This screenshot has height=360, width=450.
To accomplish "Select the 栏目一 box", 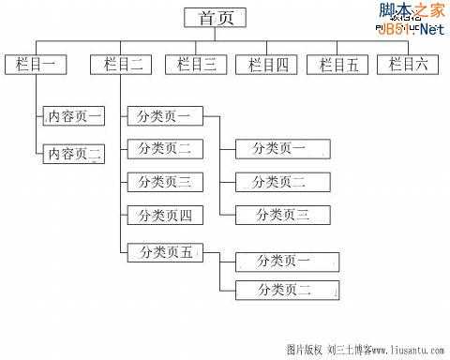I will [x=36, y=65].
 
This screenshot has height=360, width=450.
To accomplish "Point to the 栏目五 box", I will [x=338, y=65].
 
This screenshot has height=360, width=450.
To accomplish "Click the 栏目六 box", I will [x=408, y=65].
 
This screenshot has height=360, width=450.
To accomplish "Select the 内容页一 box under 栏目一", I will [x=75, y=117].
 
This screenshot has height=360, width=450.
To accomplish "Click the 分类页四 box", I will [x=165, y=216].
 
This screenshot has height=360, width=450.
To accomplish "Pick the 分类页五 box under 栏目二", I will [x=165, y=251].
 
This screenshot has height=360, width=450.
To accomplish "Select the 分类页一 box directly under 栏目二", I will [x=164, y=117].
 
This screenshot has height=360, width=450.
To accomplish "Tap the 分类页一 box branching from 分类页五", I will [x=284, y=261].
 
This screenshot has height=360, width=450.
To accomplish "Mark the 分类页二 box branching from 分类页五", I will [x=284, y=290].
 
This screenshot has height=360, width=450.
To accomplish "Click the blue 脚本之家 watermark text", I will [x=411, y=10].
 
